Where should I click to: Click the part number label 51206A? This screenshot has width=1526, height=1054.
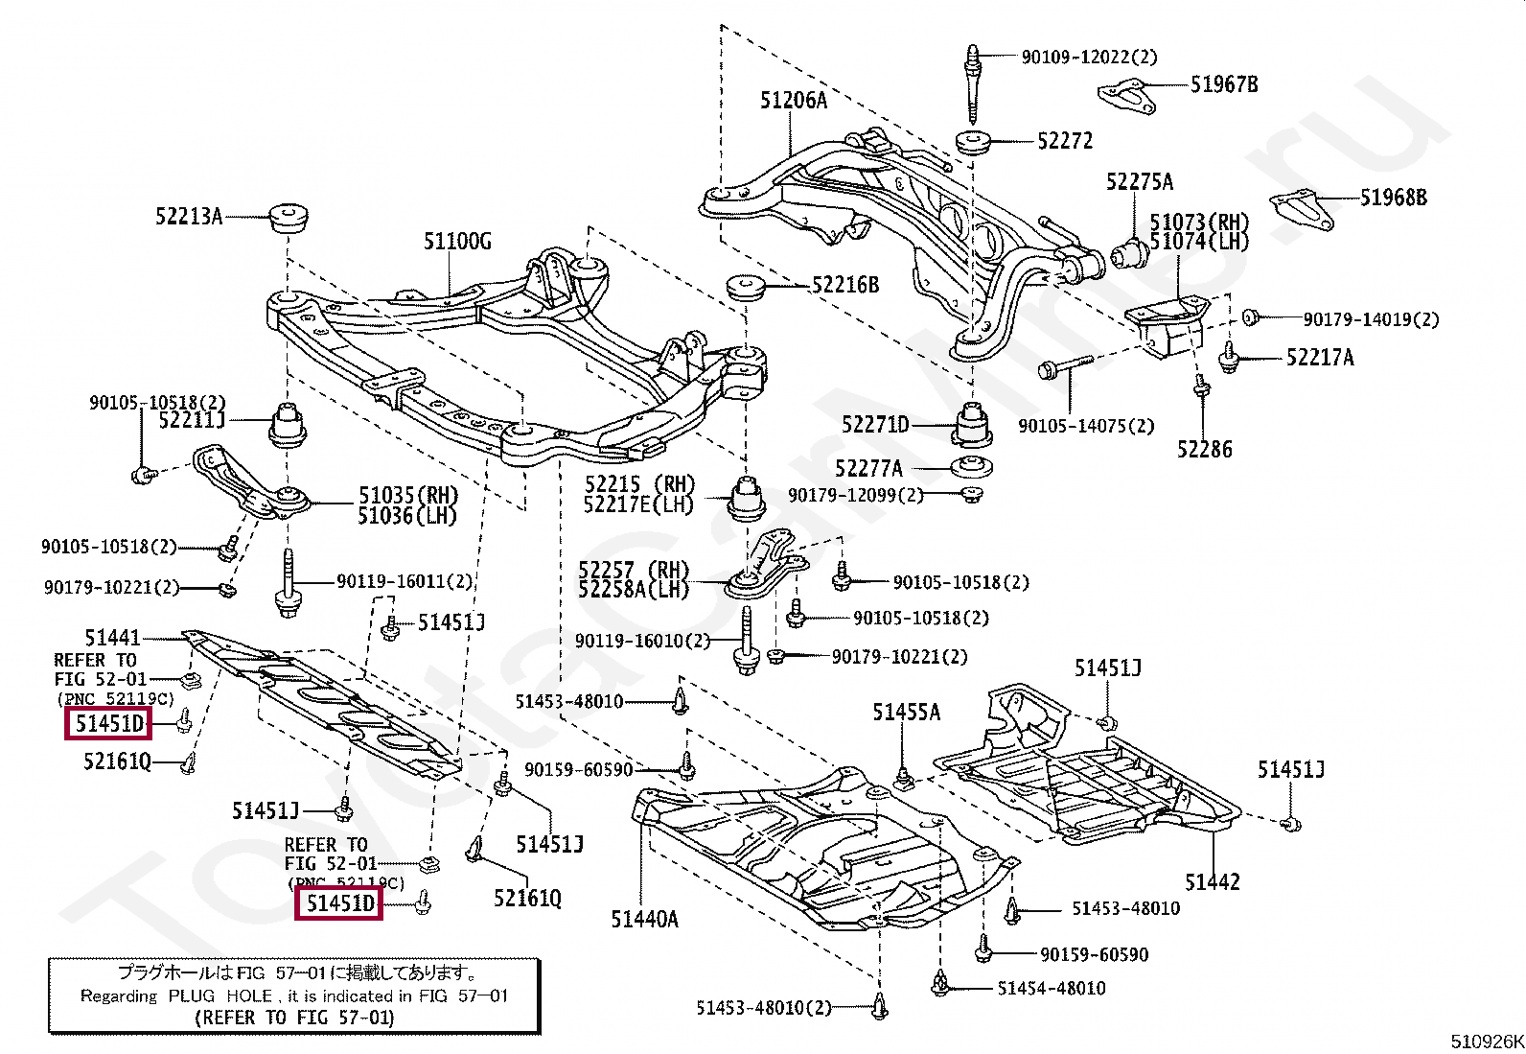(x=794, y=101)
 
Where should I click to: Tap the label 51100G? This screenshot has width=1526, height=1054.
(x=458, y=242)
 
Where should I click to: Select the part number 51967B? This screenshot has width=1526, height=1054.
(x=1224, y=84)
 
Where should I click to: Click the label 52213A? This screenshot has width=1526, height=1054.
(x=189, y=217)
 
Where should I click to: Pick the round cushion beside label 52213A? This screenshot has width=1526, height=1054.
(x=289, y=217)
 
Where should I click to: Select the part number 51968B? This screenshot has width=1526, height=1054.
(x=1394, y=198)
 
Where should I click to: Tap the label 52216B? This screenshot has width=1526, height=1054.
(x=845, y=285)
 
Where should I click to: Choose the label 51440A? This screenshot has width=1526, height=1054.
(x=644, y=920)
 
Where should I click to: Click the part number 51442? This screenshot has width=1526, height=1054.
(x=1212, y=882)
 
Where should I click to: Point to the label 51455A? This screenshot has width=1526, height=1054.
(x=907, y=713)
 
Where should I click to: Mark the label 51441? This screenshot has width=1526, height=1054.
(x=112, y=638)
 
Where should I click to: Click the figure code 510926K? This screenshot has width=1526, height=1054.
(x=1487, y=1042)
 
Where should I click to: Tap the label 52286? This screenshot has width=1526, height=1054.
(x=1205, y=450)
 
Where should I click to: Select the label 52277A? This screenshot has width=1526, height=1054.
(x=868, y=469)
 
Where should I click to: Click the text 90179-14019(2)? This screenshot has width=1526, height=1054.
(x=1371, y=319)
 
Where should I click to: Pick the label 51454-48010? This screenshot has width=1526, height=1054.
(x=1052, y=989)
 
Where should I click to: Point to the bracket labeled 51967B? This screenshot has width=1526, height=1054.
(x=1127, y=97)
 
